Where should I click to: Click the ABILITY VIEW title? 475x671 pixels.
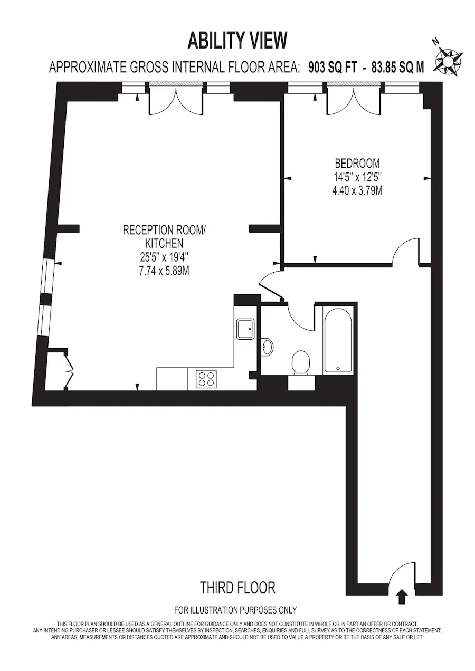pos(237,41)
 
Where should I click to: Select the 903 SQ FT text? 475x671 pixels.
pos(332,68)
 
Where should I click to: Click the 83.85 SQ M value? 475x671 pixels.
pos(398,68)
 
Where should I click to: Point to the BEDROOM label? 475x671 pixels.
pos(357,164)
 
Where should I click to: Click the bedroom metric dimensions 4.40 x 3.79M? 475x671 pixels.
pos(357,190)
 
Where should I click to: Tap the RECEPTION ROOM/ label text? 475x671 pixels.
pos(165,230)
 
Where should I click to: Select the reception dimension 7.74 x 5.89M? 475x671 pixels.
pos(164,271)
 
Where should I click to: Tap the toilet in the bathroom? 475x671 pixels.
pos(301,362)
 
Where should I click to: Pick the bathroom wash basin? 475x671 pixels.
pos(267,347)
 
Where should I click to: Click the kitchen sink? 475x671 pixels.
pos(245,329)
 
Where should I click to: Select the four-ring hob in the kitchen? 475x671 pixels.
pos(206,379)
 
